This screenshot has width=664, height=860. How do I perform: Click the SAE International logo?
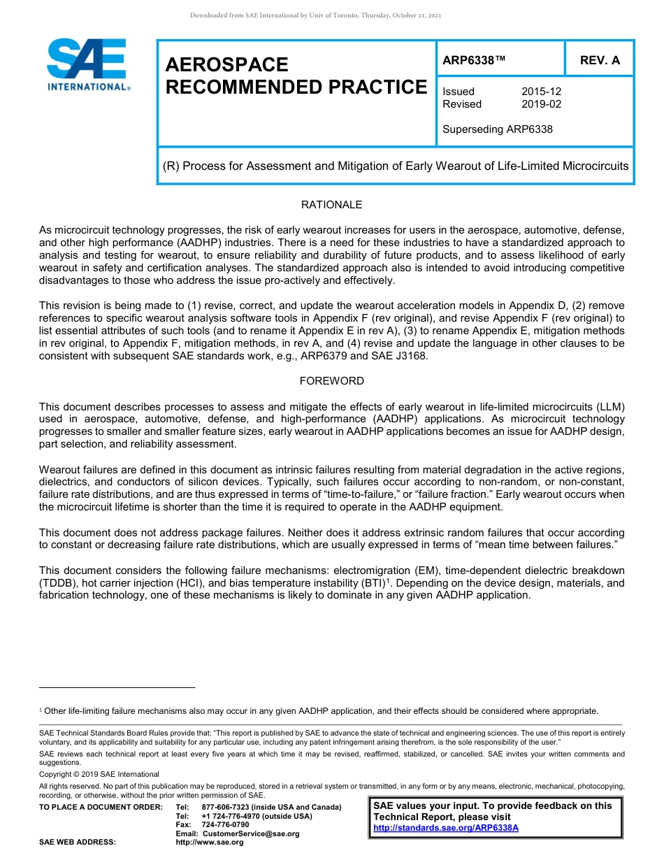87,64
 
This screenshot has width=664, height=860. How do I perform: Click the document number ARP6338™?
474,60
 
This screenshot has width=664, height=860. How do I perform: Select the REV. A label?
600,60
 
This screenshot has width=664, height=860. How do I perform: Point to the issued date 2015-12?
541,92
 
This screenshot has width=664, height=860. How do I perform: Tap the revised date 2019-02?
541,104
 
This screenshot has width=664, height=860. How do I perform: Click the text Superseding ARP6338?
497,129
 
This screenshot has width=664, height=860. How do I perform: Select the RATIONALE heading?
331,205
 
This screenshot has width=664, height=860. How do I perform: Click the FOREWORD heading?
331,381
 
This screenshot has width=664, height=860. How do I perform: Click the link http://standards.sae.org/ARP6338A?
446,828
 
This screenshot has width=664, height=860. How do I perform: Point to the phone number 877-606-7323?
227,807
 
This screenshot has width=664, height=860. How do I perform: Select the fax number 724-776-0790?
225,824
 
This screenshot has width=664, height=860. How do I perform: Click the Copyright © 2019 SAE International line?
99,774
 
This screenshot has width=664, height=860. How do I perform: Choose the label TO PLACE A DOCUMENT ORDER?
101,807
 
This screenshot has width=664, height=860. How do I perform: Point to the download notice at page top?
315,15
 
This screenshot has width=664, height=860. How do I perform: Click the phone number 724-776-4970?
232,816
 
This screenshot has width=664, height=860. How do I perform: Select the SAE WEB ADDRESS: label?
78,843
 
